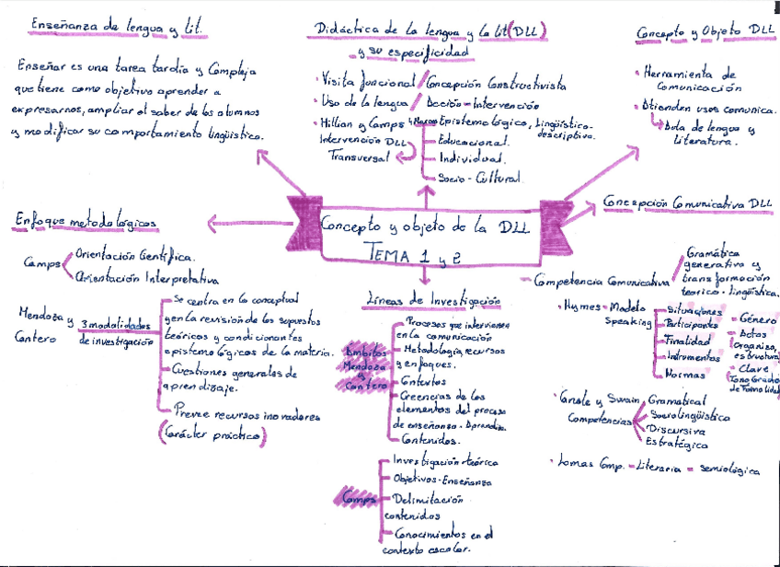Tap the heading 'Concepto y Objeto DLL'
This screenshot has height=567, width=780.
click(705, 32)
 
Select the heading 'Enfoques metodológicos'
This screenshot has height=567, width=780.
click(86, 221)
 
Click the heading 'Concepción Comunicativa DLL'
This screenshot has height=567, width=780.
click(687, 202)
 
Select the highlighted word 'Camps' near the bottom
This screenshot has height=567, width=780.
click(353, 498)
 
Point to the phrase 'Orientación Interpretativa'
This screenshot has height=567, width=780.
click(147, 276)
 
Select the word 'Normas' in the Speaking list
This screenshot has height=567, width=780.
click(684, 375)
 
